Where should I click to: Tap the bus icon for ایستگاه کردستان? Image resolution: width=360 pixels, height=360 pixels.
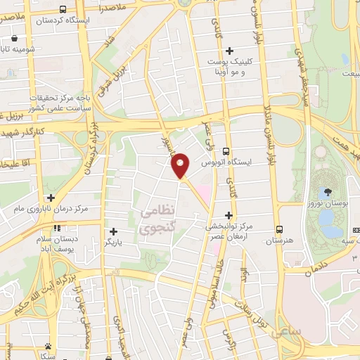[63, 10]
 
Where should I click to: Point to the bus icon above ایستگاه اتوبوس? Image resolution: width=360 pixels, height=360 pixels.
[226, 151]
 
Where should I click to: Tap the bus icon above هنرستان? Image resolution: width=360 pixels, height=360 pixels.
[280, 229]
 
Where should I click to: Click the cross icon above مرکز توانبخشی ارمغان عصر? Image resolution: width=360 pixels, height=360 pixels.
[228, 214]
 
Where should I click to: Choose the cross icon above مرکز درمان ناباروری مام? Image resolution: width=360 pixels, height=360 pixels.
[50, 198]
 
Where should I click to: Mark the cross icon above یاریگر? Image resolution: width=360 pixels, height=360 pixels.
[113, 231]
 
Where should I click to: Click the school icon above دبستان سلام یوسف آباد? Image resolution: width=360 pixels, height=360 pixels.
[57, 227]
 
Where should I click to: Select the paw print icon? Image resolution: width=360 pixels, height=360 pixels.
[49, 346]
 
